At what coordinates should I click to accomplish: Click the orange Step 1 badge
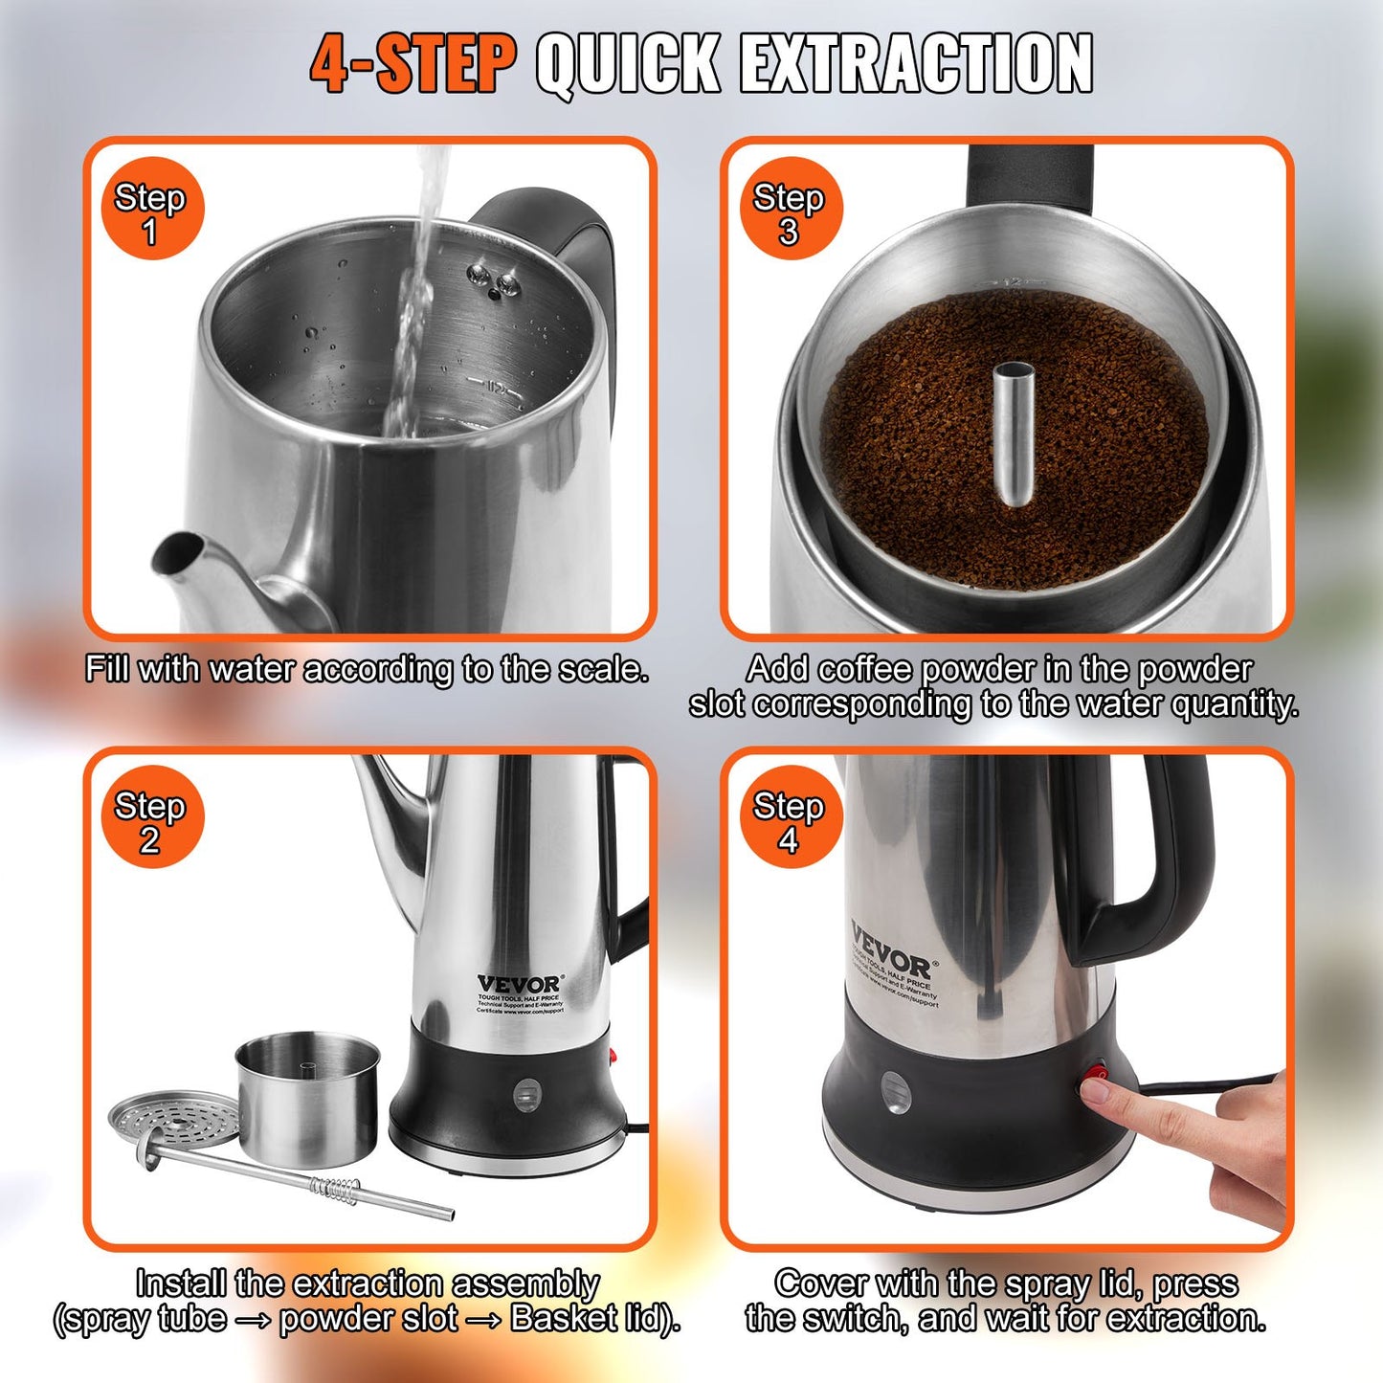(x=151, y=210)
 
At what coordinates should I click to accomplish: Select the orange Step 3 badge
(x=790, y=210)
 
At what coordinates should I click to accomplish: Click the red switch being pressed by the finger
(x=1094, y=1080)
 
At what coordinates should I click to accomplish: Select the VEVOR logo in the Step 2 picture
(x=520, y=984)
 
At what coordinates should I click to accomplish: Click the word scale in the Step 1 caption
(x=600, y=669)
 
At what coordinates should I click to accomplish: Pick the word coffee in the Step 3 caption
(x=866, y=669)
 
